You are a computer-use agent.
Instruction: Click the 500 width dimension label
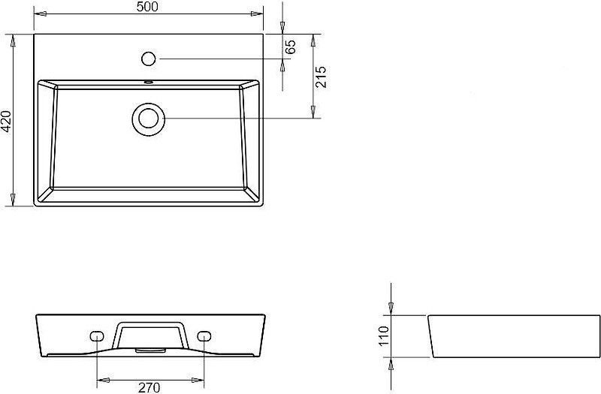click(147, 7)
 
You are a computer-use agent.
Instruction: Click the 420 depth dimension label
click(7, 121)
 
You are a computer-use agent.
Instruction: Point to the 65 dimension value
click(291, 47)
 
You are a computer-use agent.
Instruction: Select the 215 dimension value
click(321, 77)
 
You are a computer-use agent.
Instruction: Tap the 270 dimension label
click(149, 388)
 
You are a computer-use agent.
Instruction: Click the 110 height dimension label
click(384, 335)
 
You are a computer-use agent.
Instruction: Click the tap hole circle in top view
click(148, 59)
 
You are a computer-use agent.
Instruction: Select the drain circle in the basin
click(148, 119)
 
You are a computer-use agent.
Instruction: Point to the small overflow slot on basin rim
click(148, 82)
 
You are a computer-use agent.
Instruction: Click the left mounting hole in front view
click(97, 335)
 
